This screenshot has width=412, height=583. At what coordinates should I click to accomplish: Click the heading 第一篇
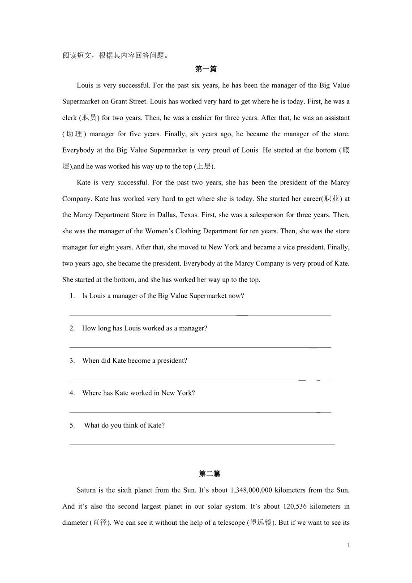[x=206, y=69]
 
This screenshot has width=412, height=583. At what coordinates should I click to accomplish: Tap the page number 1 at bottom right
[x=348, y=545]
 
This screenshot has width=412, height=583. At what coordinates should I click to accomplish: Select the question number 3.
[x=72, y=361]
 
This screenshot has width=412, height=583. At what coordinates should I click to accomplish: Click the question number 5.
[x=72, y=425]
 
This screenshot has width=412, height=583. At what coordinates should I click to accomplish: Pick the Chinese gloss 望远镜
[x=261, y=523]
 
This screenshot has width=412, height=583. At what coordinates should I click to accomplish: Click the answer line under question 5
[x=202, y=444]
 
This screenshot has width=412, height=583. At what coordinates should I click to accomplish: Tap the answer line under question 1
[x=200, y=315]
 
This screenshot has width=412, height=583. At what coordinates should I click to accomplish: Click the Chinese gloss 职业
[x=331, y=199]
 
